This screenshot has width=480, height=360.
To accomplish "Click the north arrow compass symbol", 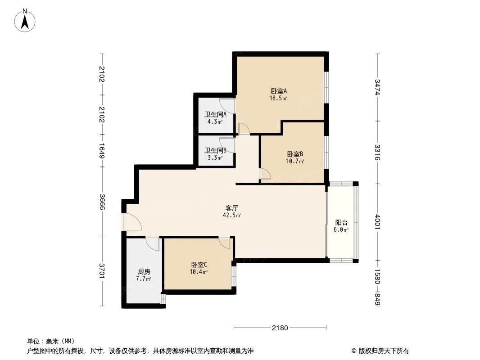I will [x=26, y=20].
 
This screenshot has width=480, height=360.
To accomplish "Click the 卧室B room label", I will [x=295, y=153].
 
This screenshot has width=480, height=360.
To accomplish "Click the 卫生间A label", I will [x=215, y=114].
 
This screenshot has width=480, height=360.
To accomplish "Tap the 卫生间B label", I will [x=215, y=150].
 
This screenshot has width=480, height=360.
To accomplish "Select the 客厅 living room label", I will [x=232, y=208].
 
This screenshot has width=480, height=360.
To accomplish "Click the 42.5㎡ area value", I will [x=232, y=215].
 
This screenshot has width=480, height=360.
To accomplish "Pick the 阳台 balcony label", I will [x=341, y=222].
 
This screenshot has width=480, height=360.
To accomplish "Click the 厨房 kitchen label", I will [x=144, y=272].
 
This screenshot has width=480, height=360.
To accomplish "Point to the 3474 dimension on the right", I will [x=377, y=87].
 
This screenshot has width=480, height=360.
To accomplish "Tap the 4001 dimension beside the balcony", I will [x=377, y=222].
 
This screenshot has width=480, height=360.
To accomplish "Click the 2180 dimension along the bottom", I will [x=280, y=328].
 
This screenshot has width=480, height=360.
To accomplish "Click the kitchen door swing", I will [x=153, y=243].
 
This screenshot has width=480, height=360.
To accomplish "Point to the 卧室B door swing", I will [x=266, y=174].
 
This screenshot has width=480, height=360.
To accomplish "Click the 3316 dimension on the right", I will [x=377, y=153].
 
